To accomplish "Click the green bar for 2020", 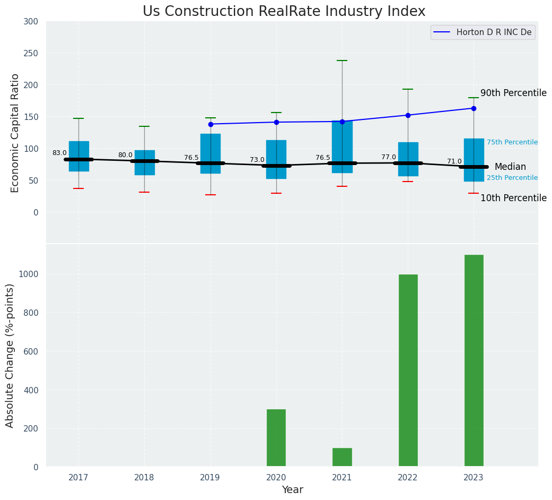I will (276, 438).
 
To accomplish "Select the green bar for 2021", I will (342, 457).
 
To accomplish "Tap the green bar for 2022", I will (408, 370).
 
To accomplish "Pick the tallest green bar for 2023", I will (474, 361).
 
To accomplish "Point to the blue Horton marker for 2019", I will (211, 124).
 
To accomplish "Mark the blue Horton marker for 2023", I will (474, 108).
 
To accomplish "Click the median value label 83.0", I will (59, 153).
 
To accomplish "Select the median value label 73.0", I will (257, 160).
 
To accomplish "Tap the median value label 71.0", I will (454, 161).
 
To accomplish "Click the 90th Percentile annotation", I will (513, 93).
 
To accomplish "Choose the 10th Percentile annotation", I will (513, 199).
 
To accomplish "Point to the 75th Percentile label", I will (512, 142).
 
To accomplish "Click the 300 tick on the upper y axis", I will (31, 21).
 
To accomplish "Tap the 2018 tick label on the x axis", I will (144, 478).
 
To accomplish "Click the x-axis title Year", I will (292, 490).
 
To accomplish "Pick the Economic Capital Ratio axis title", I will (15, 133).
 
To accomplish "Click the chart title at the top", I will (284, 12).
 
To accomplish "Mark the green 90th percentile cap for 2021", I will (342, 61).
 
